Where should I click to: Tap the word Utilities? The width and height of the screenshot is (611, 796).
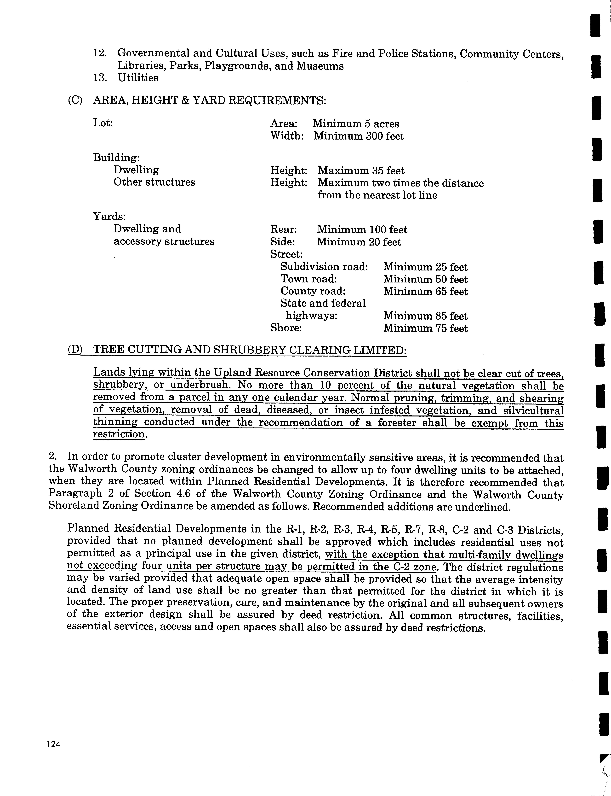click(138, 78)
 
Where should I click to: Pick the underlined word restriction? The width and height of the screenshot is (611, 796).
click(119, 434)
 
